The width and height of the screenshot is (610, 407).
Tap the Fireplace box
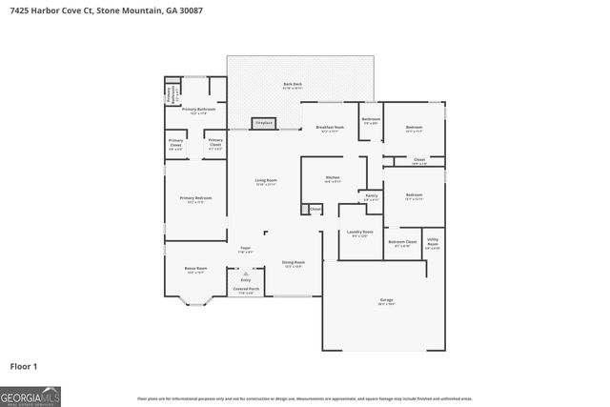click(x=264, y=123)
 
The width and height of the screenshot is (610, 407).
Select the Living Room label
click(x=265, y=181)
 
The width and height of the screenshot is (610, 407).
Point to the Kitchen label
click(x=333, y=178)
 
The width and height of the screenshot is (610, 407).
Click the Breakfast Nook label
click(x=330, y=129)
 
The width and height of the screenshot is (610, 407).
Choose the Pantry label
click(x=372, y=197)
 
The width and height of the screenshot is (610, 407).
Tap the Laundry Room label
click(x=359, y=233)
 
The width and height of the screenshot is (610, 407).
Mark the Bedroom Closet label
click(x=402, y=243)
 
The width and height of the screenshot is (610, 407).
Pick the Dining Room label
click(x=293, y=264)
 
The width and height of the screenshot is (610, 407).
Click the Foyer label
click(x=245, y=249)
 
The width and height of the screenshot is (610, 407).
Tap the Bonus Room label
click(x=195, y=270)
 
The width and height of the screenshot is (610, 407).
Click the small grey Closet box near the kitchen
click(x=314, y=209)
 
